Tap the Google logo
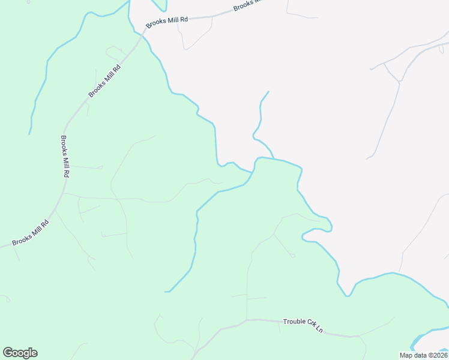pos(20,353)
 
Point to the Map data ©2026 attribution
pos(423,355)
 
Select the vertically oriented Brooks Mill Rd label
pos(65,156)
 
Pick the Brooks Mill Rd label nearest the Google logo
pos(30,233)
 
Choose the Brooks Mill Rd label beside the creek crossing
pos(167,20)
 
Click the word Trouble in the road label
pos(294,322)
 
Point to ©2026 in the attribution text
pos(436,355)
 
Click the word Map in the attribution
pos(406,355)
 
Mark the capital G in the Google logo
pos(8,353)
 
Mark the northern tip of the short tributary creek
pos(268,92)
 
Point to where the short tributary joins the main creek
pos(274,159)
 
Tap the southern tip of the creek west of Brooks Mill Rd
pos(29,133)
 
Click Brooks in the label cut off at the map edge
pos(243,5)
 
